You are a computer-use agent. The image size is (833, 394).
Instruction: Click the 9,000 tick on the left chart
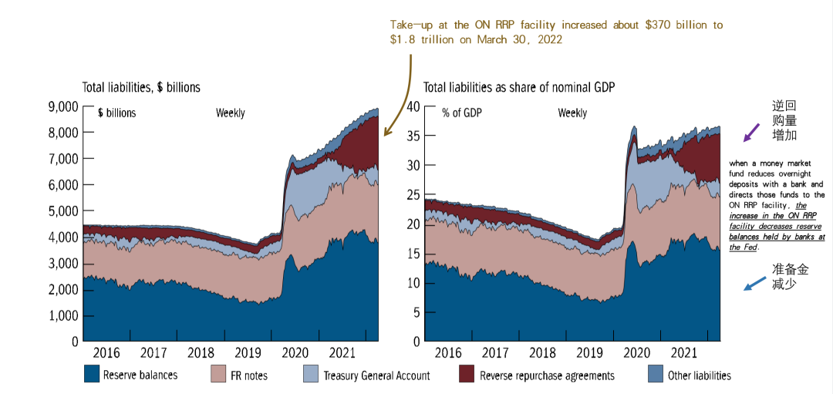63,106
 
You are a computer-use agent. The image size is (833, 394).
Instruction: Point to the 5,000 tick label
63,210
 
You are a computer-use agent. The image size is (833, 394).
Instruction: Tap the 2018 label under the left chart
201,353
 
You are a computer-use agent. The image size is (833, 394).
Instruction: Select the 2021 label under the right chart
684,353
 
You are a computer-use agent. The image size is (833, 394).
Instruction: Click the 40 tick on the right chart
412,106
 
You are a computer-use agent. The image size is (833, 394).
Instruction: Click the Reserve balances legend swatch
92,375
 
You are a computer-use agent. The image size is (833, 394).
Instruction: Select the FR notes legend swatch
218,375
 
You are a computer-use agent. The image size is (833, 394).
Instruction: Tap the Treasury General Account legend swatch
312,375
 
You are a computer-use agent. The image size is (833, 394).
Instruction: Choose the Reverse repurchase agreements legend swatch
466,375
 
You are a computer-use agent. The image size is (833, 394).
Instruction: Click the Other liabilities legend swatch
655,375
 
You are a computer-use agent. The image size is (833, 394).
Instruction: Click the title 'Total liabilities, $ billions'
141,87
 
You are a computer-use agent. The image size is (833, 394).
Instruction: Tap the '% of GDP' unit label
460,113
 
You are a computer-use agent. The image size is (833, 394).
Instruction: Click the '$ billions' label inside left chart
116,113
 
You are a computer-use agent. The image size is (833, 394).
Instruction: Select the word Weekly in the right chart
572,113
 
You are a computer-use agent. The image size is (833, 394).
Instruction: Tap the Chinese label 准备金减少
790,276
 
